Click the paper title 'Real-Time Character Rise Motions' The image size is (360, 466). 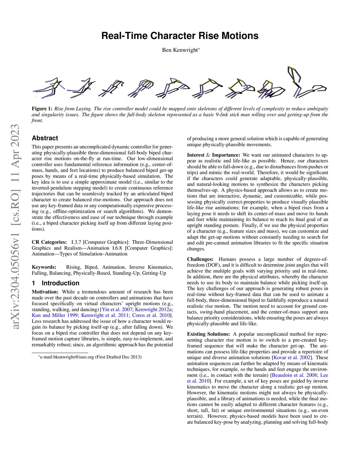point(180,36)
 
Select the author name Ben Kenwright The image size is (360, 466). point(180,50)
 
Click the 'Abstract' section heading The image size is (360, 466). point(45,138)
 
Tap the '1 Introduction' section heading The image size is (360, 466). point(56,283)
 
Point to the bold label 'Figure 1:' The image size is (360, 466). point(42,109)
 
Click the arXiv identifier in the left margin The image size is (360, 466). point(15,227)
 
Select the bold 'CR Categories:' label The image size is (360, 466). point(49,242)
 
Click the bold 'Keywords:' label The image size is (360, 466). point(44,267)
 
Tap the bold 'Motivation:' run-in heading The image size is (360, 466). point(45,292)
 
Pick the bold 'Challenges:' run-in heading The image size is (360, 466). point(200,259)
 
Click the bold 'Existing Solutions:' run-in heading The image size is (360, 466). point(208,334)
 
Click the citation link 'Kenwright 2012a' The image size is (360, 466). point(153,309)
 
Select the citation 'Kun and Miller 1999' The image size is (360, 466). point(54,315)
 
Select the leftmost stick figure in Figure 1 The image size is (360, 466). point(49,88)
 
